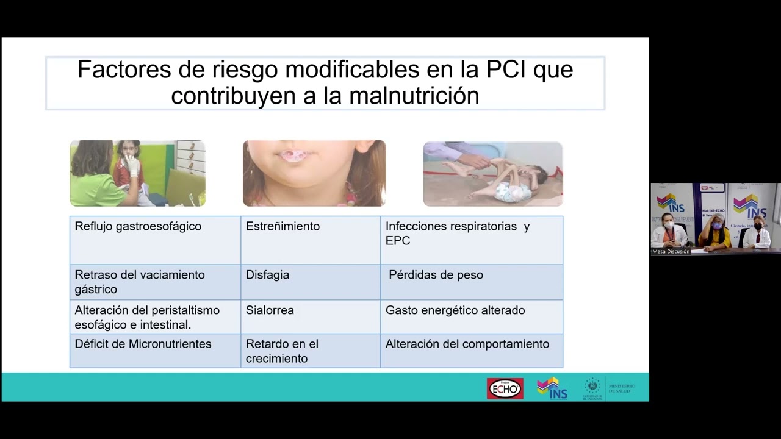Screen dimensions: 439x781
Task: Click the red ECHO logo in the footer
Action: (x=505, y=388)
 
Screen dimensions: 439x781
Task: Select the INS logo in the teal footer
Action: (x=552, y=388)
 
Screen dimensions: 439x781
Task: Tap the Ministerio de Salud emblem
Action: (x=592, y=388)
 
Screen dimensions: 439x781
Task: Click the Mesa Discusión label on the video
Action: (x=671, y=251)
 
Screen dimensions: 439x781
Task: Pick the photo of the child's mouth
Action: (x=314, y=173)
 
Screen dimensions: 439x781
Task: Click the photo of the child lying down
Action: (x=493, y=174)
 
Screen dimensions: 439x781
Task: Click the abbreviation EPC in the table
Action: (x=398, y=241)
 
